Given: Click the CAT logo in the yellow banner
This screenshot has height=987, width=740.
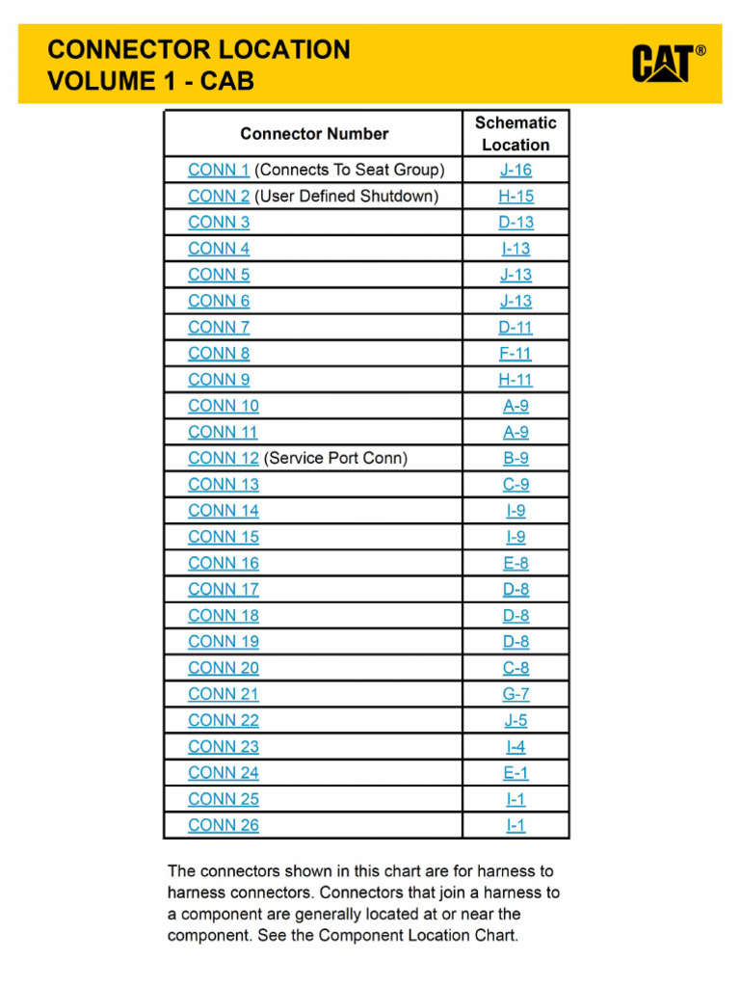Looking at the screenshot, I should [x=668, y=64].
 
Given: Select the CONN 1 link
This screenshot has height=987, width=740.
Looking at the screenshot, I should [x=219, y=170].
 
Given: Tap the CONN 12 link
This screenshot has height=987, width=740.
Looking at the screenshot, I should [x=224, y=458].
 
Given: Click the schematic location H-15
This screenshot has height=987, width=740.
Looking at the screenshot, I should [x=515, y=196].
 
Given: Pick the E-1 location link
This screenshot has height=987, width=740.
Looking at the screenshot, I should [x=515, y=772].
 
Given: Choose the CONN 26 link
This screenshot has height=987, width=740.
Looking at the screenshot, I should [x=224, y=825].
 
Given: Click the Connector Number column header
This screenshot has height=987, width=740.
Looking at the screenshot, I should [x=314, y=134].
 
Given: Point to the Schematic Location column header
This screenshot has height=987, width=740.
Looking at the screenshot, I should [x=515, y=134].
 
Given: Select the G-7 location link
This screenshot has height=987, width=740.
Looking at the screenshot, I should [x=515, y=694].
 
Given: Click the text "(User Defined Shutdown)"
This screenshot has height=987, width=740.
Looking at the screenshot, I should [x=346, y=196].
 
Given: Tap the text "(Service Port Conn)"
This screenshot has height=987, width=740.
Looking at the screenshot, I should [x=335, y=458].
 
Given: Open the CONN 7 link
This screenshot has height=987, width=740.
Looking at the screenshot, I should [x=219, y=327].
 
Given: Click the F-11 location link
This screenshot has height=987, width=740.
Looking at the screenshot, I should [x=515, y=353].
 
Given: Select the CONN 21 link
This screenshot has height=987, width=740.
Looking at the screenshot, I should [x=224, y=694].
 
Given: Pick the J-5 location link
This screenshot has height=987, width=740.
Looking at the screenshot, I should [x=515, y=720].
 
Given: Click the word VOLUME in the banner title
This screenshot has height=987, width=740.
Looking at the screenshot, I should [x=95, y=81].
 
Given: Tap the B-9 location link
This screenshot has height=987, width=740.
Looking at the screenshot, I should [x=515, y=458].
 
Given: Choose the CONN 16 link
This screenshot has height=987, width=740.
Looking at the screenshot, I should [x=224, y=563].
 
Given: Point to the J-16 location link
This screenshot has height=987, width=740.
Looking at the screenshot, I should [x=515, y=170].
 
